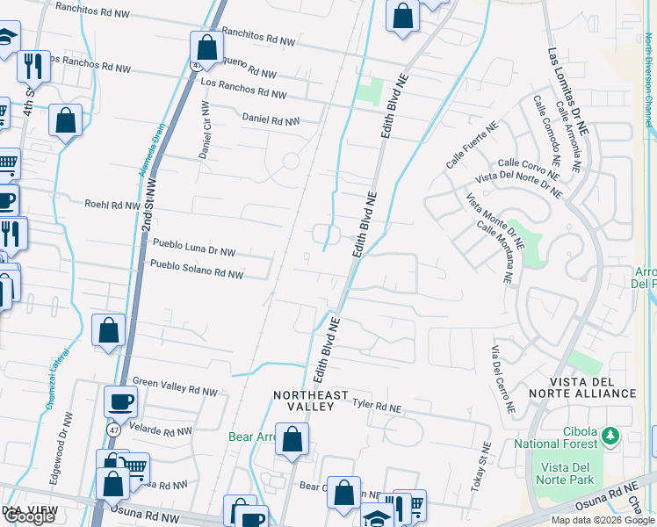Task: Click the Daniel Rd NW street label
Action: (271, 119)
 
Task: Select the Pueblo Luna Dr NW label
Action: (194, 247)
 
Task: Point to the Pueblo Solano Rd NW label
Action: (196, 269)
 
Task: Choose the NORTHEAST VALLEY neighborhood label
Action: (310, 401)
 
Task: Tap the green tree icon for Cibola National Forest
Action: (610, 434)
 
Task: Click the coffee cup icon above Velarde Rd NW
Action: (120, 401)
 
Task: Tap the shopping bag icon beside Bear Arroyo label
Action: (292, 439)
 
